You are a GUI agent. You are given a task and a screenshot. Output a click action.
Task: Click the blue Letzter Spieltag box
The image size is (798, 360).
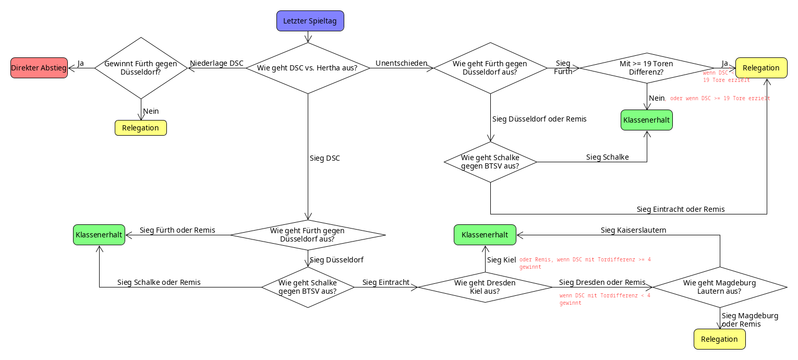tap(310, 21)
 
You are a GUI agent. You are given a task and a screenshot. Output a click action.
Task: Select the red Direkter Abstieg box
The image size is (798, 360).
tap(39, 68)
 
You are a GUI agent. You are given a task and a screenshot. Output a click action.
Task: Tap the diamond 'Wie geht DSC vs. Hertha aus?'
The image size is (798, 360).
tap(308, 68)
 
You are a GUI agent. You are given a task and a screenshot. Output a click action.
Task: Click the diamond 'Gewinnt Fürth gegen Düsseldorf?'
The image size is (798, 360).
tap(141, 68)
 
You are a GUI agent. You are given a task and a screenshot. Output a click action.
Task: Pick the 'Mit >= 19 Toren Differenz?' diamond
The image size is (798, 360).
tap(647, 68)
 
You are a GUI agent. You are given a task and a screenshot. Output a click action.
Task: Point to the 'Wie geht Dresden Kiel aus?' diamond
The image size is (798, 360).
tap(485, 287)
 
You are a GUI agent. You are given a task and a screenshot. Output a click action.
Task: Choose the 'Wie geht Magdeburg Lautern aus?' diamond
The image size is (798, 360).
tap(720, 287)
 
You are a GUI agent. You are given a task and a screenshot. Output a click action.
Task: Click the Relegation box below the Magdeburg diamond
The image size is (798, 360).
tap(719, 339)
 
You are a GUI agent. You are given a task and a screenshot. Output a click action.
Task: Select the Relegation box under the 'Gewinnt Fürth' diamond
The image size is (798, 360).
tap(140, 128)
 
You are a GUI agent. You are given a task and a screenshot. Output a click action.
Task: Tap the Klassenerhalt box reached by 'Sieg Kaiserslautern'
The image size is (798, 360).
tap(485, 235)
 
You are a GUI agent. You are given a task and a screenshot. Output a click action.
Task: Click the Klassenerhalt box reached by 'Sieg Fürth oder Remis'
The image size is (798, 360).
tap(99, 235)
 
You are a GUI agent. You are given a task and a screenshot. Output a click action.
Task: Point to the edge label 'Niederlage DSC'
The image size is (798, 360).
tap(216, 63)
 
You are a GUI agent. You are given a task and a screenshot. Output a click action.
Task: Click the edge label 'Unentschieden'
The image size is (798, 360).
tap(402, 63)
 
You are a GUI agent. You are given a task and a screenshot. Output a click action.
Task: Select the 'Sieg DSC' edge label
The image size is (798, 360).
tap(325, 158)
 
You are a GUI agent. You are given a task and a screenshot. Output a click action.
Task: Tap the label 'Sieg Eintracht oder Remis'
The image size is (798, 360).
tap(681, 209)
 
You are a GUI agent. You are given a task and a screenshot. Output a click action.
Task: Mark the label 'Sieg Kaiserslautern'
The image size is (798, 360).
tap(633, 230)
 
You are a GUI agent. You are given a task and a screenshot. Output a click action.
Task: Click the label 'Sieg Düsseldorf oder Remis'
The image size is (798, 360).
tap(539, 119)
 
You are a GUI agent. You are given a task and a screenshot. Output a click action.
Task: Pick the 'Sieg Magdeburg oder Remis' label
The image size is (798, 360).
tap(750, 320)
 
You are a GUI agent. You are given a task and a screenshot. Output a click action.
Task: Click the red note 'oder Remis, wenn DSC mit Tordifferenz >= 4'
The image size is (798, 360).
tap(585, 259)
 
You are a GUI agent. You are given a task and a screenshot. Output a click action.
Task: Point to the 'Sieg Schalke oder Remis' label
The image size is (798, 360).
tap(159, 282)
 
